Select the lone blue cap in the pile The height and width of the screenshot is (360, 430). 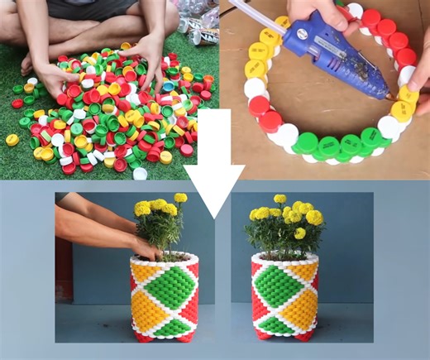click(169, 86)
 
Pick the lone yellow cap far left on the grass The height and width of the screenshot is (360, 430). click(12, 140)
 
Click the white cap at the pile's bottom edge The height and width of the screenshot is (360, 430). click(140, 173)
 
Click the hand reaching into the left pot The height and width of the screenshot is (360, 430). click(144, 247)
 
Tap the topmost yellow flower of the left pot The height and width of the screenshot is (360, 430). click(180, 198)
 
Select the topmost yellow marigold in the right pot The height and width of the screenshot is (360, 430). click(280, 199)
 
